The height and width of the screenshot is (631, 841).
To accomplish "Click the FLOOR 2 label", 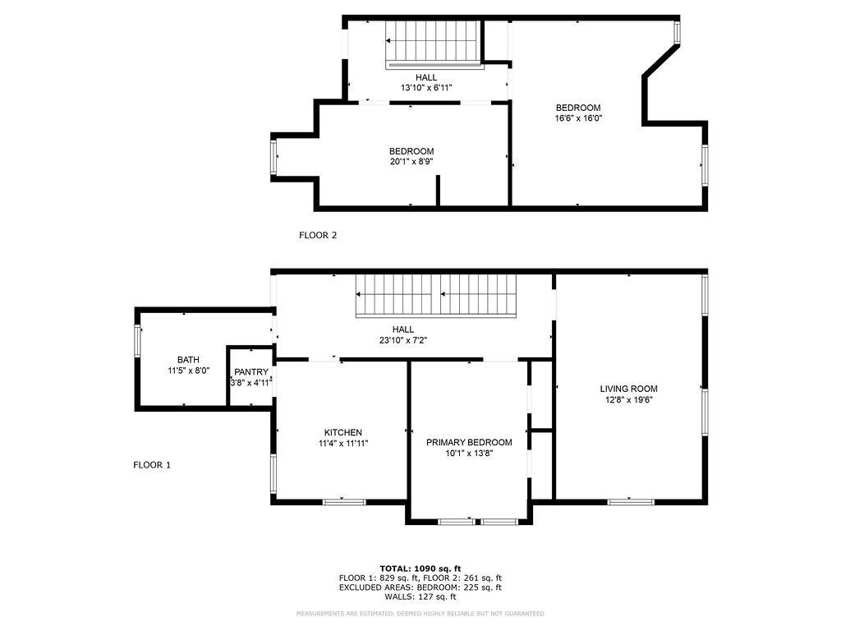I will pyautogui.click(x=317, y=235).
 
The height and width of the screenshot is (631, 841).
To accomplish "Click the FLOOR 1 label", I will pyautogui.click(x=152, y=465).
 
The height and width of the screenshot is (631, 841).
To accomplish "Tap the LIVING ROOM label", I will pyautogui.click(x=628, y=389).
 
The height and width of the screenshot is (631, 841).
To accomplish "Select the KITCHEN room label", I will pyautogui.click(x=342, y=432).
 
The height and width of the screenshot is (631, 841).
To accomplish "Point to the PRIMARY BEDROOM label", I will pyautogui.click(x=468, y=442).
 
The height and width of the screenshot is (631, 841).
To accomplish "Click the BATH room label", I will pyautogui.click(x=188, y=360).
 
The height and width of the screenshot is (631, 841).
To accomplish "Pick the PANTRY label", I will pyautogui.click(x=250, y=372).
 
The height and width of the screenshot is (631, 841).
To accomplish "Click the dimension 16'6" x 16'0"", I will pyautogui.click(x=578, y=118).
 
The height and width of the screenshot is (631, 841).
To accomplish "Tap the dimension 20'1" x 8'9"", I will pyautogui.click(x=411, y=162).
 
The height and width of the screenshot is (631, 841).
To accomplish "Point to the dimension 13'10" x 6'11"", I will pyautogui.click(x=425, y=88).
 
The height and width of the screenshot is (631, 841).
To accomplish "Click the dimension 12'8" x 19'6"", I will pyautogui.click(x=628, y=400).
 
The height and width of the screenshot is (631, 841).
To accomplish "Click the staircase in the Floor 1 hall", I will pyautogui.click(x=436, y=297).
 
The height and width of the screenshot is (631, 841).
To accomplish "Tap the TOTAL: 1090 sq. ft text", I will pyautogui.click(x=420, y=568).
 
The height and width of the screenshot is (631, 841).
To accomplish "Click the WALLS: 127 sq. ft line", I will pyautogui.click(x=420, y=597).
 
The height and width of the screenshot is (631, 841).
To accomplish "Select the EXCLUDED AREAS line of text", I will pyautogui.click(x=420, y=587).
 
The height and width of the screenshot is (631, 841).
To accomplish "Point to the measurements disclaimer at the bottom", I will pyautogui.click(x=420, y=614).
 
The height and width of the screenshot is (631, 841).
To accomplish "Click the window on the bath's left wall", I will pyautogui.click(x=138, y=341).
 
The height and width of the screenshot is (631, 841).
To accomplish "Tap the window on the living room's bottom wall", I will pyautogui.click(x=631, y=500).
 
